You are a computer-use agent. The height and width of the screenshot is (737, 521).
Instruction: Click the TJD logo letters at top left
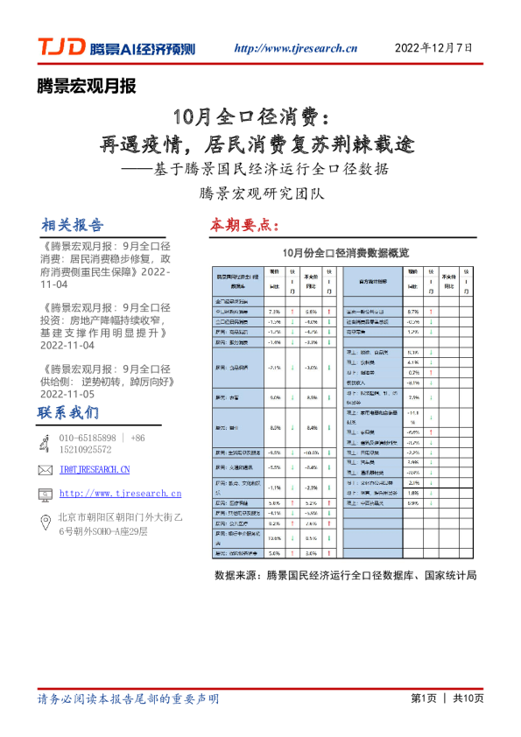[60, 47]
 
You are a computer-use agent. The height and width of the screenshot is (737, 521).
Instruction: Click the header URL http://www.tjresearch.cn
[296, 48]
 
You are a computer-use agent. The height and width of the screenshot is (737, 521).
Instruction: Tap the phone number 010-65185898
[87, 438]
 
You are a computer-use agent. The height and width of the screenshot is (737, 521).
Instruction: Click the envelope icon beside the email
[45, 470]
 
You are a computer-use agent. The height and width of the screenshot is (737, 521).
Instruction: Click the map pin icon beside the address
[45, 523]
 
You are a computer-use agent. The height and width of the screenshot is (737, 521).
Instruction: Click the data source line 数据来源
[345, 575]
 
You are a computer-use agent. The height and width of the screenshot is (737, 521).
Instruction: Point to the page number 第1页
[423, 698]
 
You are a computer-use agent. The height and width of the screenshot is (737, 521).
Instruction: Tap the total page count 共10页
[468, 698]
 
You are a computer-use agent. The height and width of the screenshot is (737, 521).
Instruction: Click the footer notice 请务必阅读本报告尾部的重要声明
[128, 698]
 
